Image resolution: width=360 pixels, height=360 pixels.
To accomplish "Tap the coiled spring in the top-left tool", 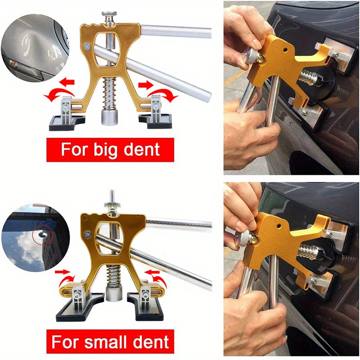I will (x=108, y=90).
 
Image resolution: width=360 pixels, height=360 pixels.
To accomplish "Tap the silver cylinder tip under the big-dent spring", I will (x=108, y=118).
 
